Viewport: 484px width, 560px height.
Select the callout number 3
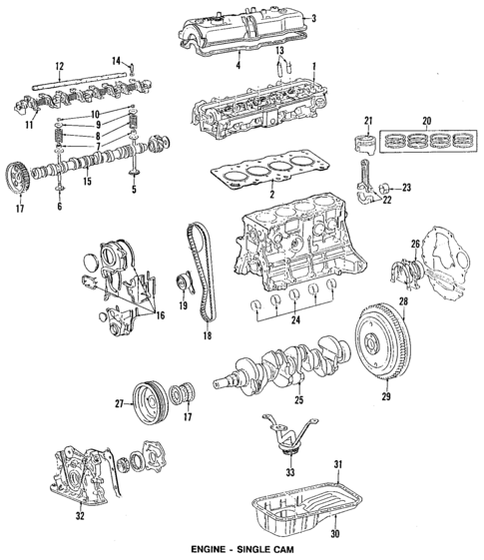pyautogui.click(x=313, y=19)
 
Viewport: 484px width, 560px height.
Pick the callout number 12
pyautogui.click(x=60, y=67)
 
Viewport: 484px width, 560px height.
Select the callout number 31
pyautogui.click(x=338, y=463)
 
